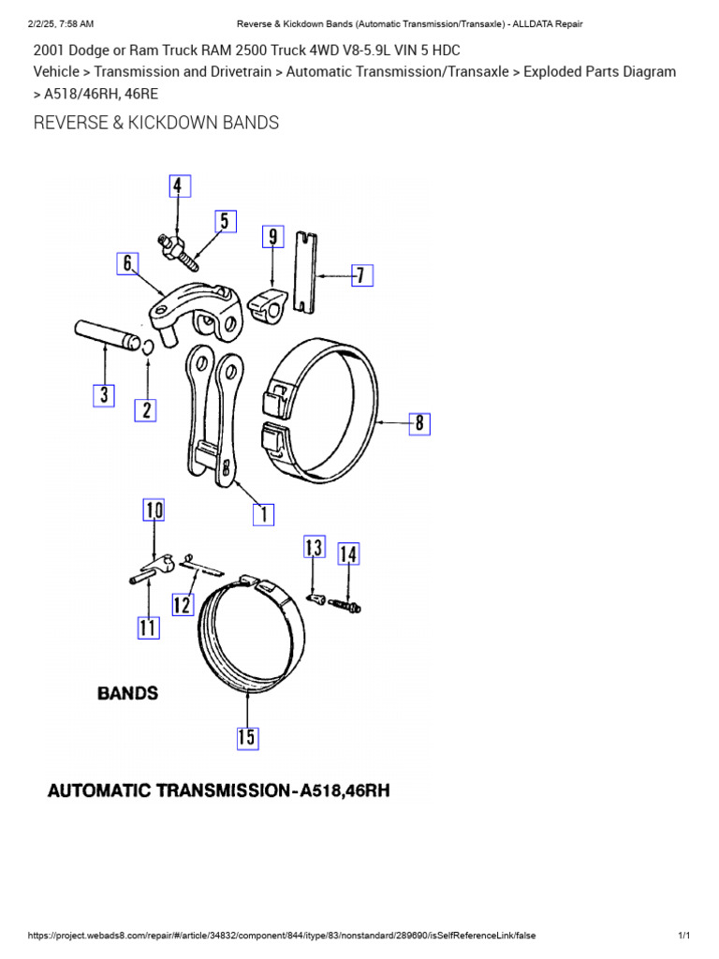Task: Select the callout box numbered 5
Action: click(x=224, y=222)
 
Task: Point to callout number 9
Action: click(x=272, y=236)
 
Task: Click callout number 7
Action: click(x=361, y=275)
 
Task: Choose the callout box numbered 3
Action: click(x=104, y=395)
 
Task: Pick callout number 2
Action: click(x=145, y=409)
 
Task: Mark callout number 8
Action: click(x=419, y=423)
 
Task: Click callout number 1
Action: click(x=264, y=512)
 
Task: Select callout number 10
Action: click(x=154, y=510)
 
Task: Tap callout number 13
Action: click(x=314, y=547)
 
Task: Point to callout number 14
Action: click(x=347, y=554)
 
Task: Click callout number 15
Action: click(x=245, y=737)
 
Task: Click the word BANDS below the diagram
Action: click(x=128, y=694)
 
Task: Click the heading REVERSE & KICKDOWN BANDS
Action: click(x=156, y=123)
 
